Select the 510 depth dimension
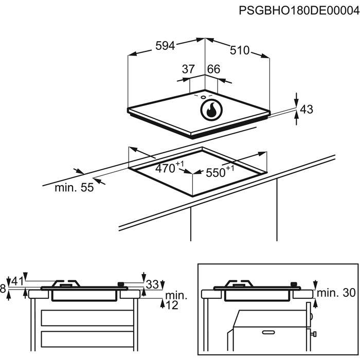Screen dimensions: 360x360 239,50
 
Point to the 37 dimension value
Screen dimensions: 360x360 189,69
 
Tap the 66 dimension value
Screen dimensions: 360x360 213,69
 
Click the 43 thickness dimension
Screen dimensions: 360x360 307,109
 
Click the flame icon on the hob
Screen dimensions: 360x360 210,110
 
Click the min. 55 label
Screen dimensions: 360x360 75,188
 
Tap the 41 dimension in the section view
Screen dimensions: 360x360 18,281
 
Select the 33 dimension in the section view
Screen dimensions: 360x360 152,284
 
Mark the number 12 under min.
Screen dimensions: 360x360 172,305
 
